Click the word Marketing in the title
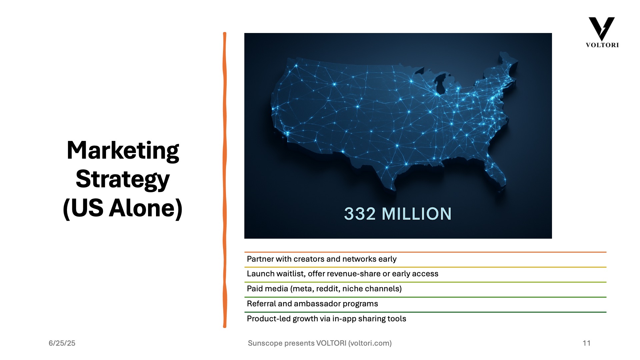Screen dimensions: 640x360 click(x=123, y=151)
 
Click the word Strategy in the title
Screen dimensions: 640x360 click(x=123, y=180)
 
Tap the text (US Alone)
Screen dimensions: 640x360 click(x=123, y=208)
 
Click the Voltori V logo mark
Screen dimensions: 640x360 click(x=602, y=29)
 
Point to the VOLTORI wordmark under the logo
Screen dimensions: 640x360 click(x=602, y=45)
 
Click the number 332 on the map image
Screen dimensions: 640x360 click(x=360, y=214)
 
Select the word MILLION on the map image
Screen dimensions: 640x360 click(x=417, y=214)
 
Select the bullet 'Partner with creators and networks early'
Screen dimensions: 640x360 click(x=322, y=259)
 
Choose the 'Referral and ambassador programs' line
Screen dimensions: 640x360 click(x=312, y=304)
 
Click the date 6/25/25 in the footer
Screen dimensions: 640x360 click(x=62, y=343)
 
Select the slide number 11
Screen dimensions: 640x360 click(x=587, y=343)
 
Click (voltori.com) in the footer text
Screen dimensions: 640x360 click(x=370, y=343)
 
